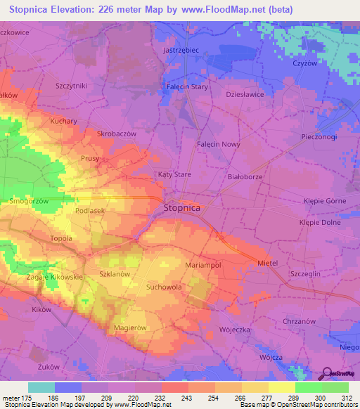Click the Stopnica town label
182,208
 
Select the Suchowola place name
164,287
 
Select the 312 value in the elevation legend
347,399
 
